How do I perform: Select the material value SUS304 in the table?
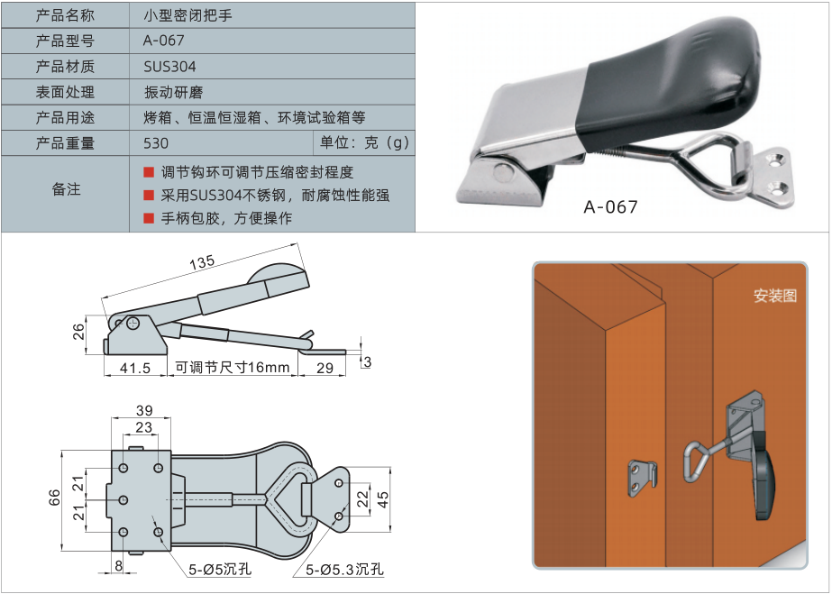click(x=169, y=67)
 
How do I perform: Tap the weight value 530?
click(x=156, y=143)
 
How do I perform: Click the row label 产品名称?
click(x=65, y=15)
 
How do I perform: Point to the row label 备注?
click(x=65, y=189)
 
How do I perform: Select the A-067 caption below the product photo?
click(x=610, y=207)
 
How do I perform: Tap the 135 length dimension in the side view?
click(x=203, y=262)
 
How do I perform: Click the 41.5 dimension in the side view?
click(x=134, y=368)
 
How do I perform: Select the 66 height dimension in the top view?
click(x=54, y=497)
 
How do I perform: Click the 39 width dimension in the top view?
click(x=143, y=410)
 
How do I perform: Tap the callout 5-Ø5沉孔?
click(x=220, y=570)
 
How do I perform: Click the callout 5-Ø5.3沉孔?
click(x=344, y=570)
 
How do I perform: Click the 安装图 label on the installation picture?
click(x=775, y=296)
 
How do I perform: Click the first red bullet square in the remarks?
click(x=149, y=171)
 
